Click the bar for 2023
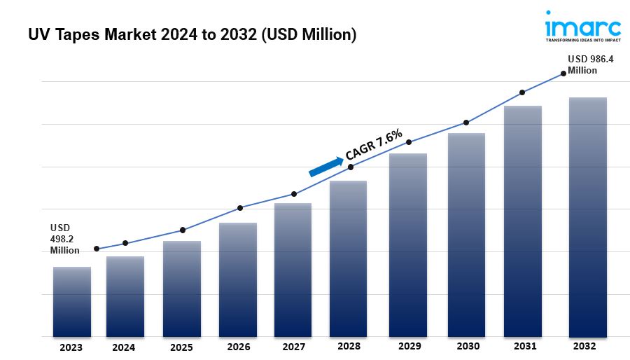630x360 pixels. tap(72, 302)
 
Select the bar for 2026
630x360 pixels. tap(238, 280)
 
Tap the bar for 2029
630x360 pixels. tap(408, 245)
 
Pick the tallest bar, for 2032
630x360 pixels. tap(588, 217)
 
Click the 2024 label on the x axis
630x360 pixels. tap(124, 347)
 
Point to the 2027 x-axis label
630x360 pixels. tap(293, 347)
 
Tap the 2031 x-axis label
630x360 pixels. tap(525, 346)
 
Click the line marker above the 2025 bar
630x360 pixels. tap(183, 230)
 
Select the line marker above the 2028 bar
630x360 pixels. tap(351, 167)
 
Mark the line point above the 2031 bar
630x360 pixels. tap(522, 92)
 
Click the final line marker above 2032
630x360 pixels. tap(563, 74)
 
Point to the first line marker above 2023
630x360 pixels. tap(97, 249)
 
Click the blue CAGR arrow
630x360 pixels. tap(326, 166)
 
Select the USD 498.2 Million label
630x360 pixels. tap(65, 239)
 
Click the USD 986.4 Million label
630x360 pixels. tap(590, 64)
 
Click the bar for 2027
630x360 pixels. tap(293, 270)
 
